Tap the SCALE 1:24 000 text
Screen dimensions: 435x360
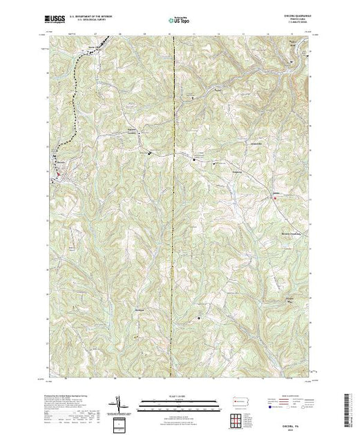click(x=170, y=396)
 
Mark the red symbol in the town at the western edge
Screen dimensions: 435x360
click(x=59, y=175)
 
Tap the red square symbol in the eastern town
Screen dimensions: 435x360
click(x=276, y=198)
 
